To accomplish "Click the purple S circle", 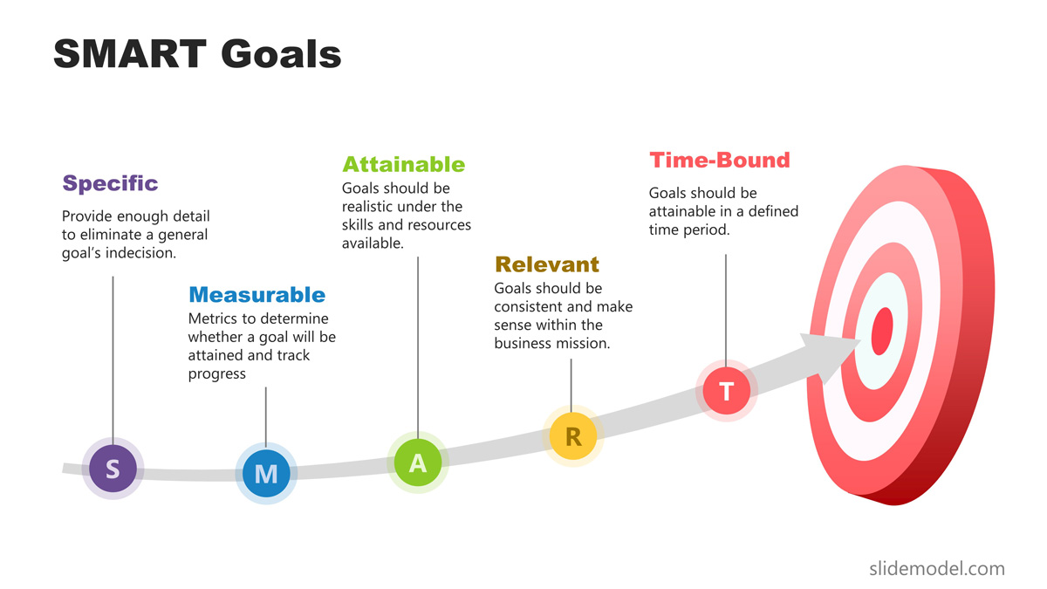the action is pos(113,469).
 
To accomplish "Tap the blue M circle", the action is pos(266,474).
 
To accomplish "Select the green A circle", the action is pos(418,462).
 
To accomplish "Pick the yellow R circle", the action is pos(573,436).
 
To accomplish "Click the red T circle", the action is pos(726,391).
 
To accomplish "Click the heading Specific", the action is pos(110,183).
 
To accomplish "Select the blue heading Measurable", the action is pos(257,295).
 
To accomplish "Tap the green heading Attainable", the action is pos(404,165).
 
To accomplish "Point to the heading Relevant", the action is pos(547,264).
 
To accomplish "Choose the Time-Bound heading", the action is pos(720,161).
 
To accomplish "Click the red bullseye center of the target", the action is pos(882,331).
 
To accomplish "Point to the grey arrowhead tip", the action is pos(860,341).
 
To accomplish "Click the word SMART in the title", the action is pos(130,54).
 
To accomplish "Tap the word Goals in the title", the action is pos(281,54).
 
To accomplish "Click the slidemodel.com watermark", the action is pos(937,569).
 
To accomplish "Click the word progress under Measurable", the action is pos(217,374).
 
